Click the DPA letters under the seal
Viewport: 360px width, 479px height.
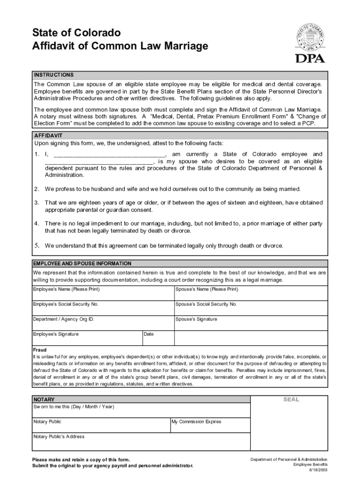tap(310, 58)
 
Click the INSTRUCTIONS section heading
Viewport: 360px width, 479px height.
tap(53, 75)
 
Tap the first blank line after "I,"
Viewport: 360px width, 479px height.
tap(109, 155)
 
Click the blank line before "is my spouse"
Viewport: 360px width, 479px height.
tap(99, 162)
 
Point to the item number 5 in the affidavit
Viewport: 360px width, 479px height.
tap(36, 246)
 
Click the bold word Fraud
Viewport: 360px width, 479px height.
tap(39, 350)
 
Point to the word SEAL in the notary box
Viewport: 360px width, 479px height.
tap(291, 399)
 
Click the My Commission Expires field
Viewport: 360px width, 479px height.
tap(210, 425)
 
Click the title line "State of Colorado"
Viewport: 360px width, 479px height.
tap(76, 33)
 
